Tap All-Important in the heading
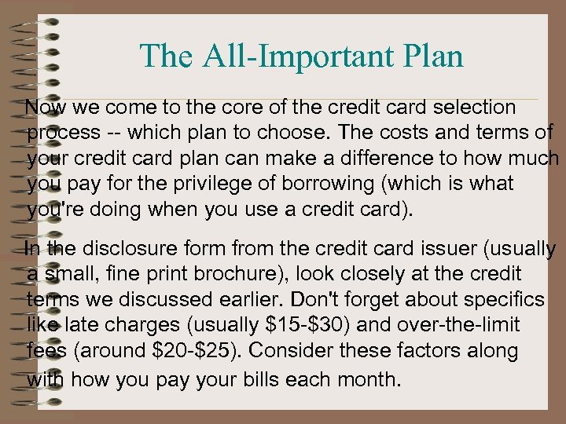(292, 56)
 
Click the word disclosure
(117, 250)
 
